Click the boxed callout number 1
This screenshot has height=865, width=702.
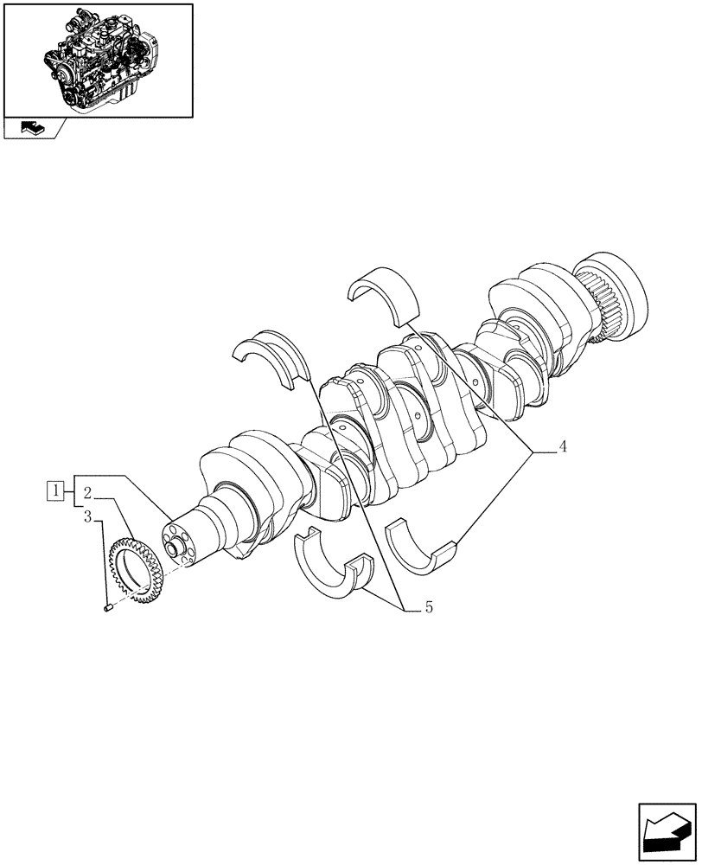point(54,492)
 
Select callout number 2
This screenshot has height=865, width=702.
point(87,493)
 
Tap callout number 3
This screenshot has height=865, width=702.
point(87,517)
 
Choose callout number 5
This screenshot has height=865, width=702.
point(428,608)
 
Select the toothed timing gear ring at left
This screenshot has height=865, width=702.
point(136,569)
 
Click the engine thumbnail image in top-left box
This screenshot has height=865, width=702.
point(98,60)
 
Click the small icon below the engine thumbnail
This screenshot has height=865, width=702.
point(30,129)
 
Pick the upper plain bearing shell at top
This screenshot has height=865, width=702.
point(383,298)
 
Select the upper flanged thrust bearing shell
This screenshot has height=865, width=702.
point(272,358)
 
